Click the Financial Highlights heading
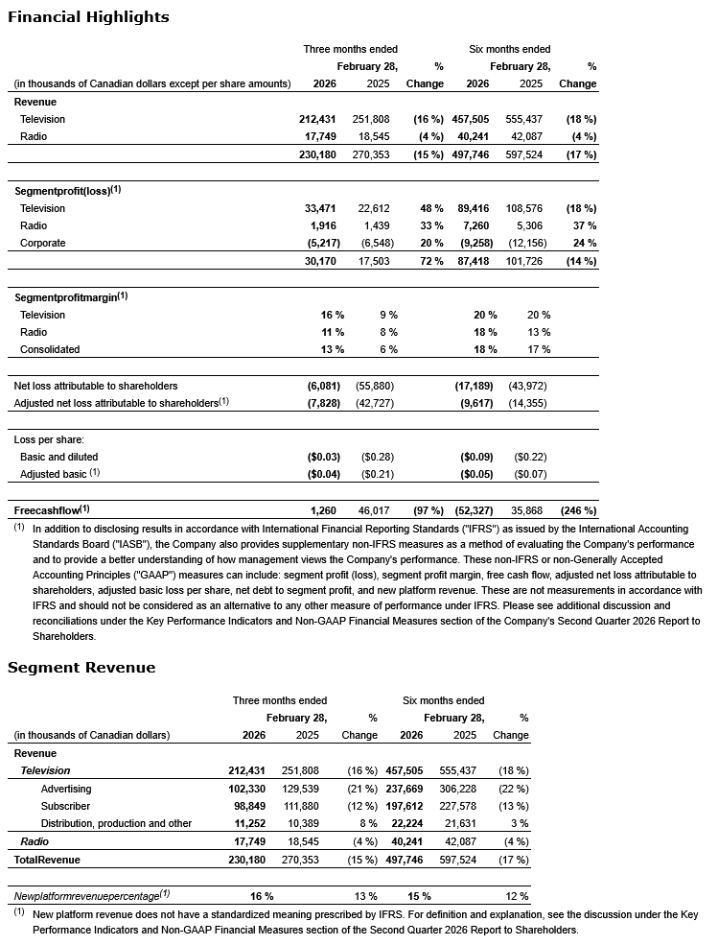click(x=88, y=17)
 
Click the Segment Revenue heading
click(x=81, y=667)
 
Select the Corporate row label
click(x=43, y=243)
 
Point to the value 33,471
click(x=317, y=208)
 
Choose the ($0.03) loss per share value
click(x=315, y=457)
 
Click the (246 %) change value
click(x=576, y=510)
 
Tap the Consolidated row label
click(x=50, y=349)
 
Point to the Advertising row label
click(x=66, y=789)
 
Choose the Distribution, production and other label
click(x=116, y=823)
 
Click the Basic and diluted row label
click(x=58, y=457)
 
